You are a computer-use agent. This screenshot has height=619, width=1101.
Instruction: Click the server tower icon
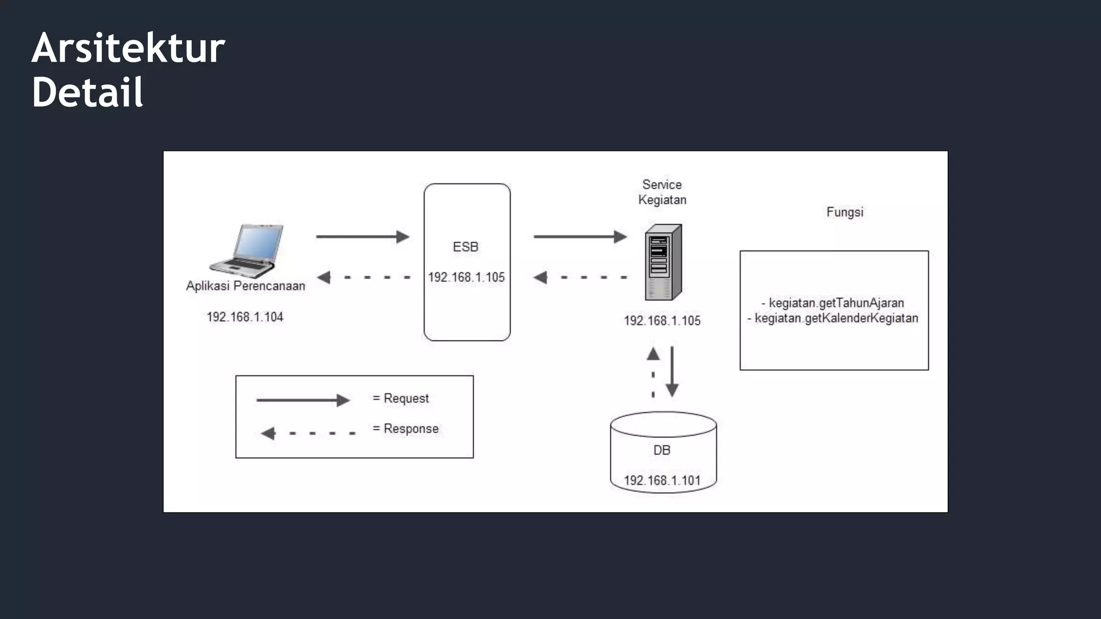[x=663, y=262]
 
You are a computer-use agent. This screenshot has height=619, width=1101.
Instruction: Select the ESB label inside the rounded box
[x=466, y=247]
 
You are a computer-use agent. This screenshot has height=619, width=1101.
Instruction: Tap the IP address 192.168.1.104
[x=245, y=317]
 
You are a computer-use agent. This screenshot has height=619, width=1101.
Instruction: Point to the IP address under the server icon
[x=662, y=321]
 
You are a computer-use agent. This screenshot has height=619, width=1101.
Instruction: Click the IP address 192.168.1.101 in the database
[x=662, y=480]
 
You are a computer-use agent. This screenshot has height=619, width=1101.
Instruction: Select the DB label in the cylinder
[x=662, y=450]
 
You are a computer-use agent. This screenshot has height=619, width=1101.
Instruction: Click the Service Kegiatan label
[x=662, y=192]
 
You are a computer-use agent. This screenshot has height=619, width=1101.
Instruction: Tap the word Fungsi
[x=845, y=212]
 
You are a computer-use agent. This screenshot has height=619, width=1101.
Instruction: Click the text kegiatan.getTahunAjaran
[x=836, y=303]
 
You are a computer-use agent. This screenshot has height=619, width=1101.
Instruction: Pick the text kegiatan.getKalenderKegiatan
[x=836, y=318]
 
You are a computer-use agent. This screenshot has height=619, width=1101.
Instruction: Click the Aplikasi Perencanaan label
[x=245, y=286]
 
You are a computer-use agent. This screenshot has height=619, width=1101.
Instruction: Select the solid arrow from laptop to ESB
[x=362, y=236]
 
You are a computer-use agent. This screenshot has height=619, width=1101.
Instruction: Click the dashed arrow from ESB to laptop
[x=363, y=277]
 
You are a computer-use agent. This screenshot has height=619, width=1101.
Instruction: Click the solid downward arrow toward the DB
[x=672, y=371]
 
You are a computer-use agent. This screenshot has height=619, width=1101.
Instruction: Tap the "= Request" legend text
[x=401, y=399]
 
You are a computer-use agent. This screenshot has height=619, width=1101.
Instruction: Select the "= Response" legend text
[x=406, y=429]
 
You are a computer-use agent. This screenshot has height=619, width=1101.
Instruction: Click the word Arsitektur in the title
[x=128, y=48]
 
